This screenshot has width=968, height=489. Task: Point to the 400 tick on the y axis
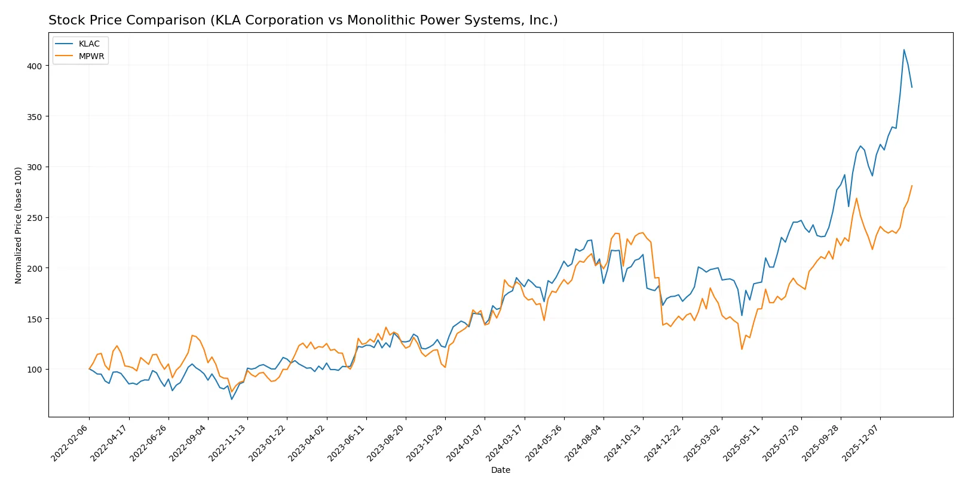click(35, 66)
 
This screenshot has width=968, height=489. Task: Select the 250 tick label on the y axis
click(35, 218)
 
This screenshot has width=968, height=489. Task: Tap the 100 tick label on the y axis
click(35, 370)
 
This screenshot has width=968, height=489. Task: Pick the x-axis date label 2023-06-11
click(347, 442)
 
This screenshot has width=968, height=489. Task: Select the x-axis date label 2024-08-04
click(584, 442)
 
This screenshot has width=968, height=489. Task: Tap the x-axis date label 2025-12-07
click(861, 442)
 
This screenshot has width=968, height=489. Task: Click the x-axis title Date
click(500, 470)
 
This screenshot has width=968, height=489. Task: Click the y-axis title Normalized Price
click(19, 225)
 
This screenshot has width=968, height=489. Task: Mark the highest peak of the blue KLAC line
click(903, 50)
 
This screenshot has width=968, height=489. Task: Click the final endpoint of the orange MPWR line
click(912, 186)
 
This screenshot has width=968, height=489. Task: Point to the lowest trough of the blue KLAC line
click(232, 399)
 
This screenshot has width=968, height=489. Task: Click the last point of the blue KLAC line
click(912, 87)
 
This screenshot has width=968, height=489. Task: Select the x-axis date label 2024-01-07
click(465, 442)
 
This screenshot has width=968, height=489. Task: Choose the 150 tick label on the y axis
click(35, 319)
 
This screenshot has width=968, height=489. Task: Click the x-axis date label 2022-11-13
click(228, 442)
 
